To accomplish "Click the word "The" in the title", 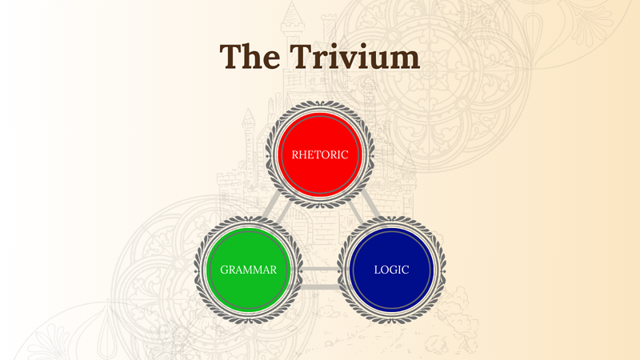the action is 250,57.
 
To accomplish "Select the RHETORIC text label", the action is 320,154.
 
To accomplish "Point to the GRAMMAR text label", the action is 249,270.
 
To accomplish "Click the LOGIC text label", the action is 391,270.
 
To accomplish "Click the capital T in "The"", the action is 232,57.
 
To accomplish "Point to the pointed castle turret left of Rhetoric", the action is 249,120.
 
